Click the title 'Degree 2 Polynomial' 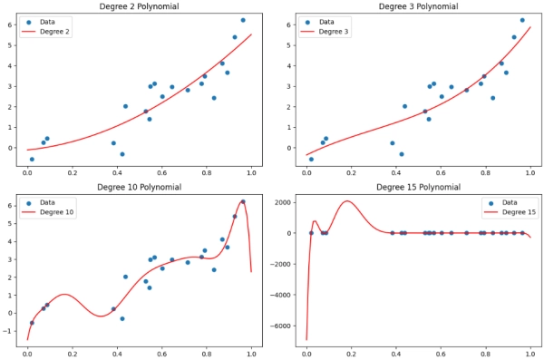click(x=138, y=6)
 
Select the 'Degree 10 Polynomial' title click(x=138, y=188)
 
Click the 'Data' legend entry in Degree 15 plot click(x=508, y=203)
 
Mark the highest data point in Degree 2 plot click(x=242, y=20)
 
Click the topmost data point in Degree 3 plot click(x=521, y=20)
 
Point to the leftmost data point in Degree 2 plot click(x=32, y=159)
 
